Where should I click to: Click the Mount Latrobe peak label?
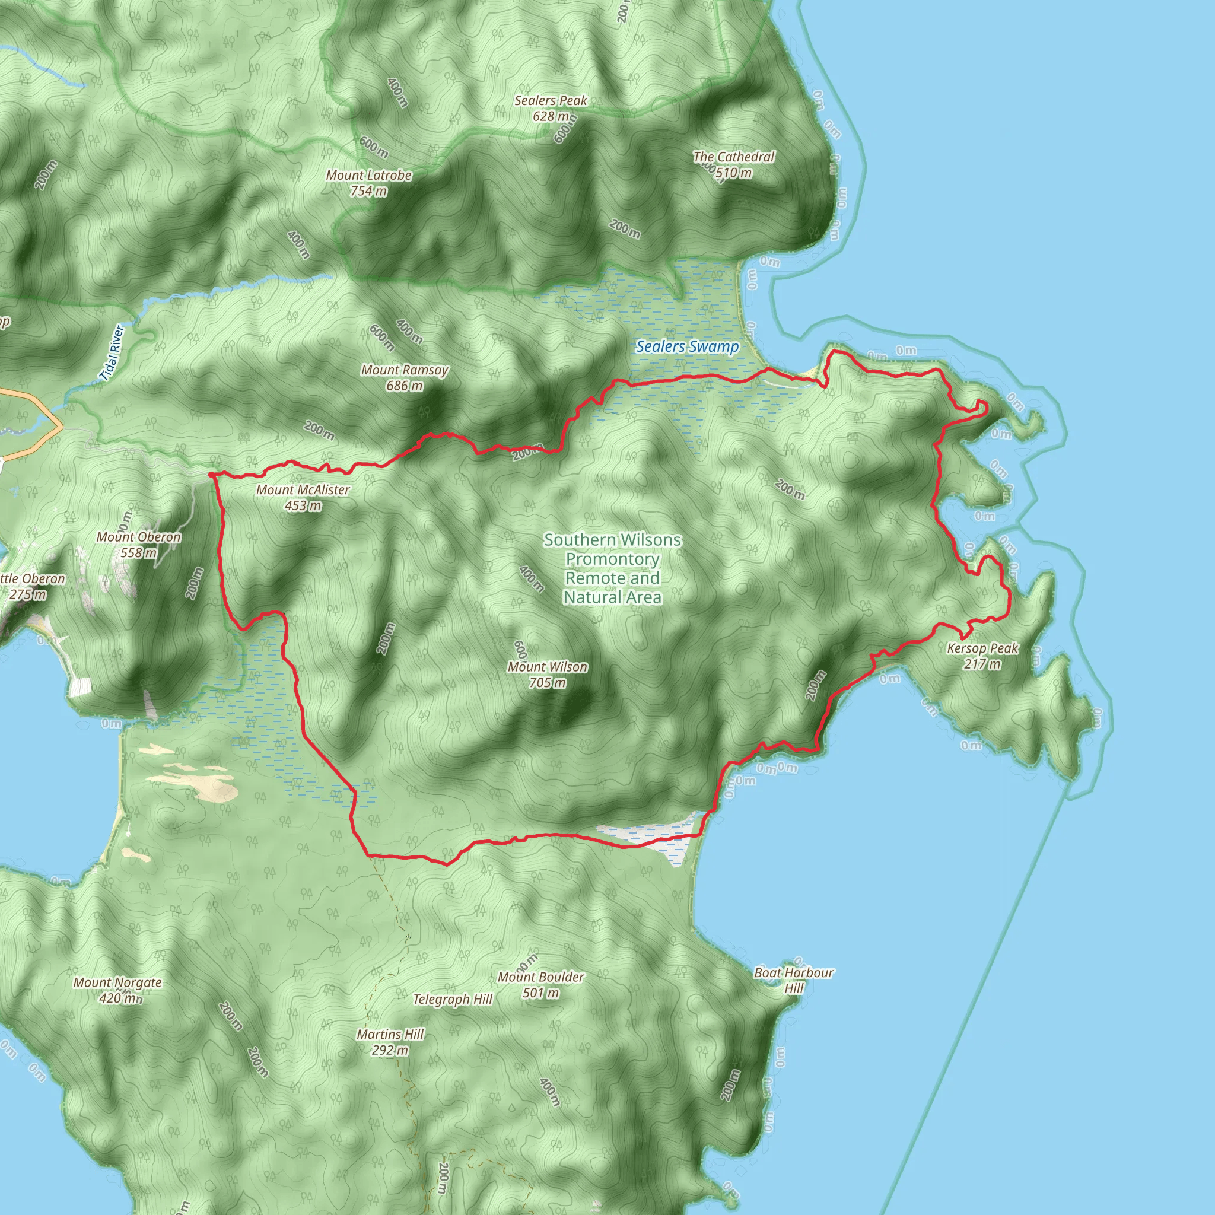(x=368, y=176)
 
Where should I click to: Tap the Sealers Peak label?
(x=551, y=101)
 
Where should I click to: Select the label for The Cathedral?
(x=734, y=157)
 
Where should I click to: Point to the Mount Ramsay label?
(x=405, y=370)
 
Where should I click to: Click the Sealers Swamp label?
(x=687, y=346)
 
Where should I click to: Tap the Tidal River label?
(x=113, y=352)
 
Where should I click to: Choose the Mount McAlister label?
(x=303, y=490)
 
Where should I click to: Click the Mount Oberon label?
(x=138, y=537)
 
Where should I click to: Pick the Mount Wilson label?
(x=547, y=667)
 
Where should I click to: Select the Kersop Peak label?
(x=982, y=648)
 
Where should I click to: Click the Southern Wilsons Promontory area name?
(x=612, y=568)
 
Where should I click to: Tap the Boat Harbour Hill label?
(x=794, y=980)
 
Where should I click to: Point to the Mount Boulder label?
(x=540, y=977)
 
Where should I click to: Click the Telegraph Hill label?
(x=452, y=998)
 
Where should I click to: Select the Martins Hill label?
(x=390, y=1034)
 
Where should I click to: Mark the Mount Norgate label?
(x=117, y=982)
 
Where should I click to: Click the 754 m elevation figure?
(x=368, y=191)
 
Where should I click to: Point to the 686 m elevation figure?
(x=405, y=386)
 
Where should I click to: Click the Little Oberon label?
(x=31, y=579)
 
